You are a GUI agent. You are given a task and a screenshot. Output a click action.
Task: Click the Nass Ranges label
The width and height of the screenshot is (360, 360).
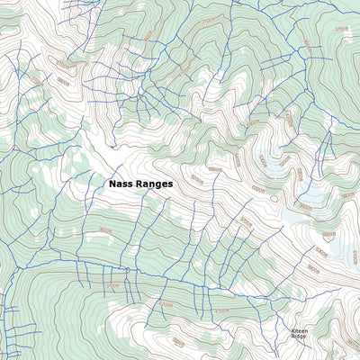point(140,183)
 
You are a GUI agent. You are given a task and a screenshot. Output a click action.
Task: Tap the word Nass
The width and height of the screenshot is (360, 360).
point(121,183)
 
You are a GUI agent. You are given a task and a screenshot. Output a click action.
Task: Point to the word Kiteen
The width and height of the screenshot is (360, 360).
point(299,330)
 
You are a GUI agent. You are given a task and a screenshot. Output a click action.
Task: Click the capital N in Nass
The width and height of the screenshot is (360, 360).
point(112,183)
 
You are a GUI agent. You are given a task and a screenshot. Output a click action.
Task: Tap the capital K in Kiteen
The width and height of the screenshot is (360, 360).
point(292,330)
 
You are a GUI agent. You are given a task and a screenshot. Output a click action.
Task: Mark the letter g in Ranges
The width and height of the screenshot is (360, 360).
point(159,184)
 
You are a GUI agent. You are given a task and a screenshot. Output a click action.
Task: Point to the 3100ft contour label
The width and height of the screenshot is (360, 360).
point(112,286)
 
